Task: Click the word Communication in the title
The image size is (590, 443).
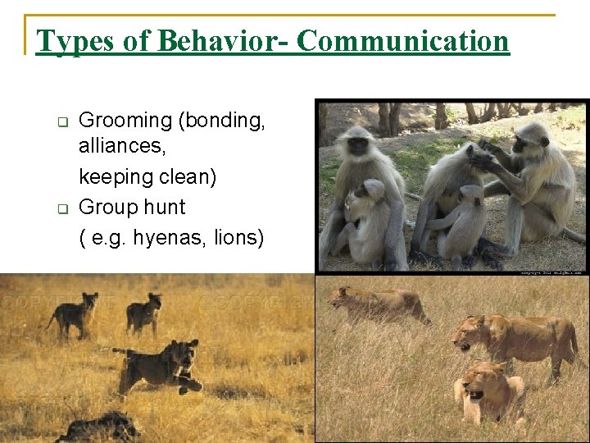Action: (402, 41)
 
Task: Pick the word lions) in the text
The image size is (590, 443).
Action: (238, 238)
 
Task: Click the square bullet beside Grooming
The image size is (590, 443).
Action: (61, 122)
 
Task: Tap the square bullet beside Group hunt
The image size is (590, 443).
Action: (61, 208)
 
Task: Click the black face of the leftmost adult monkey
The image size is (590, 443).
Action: (358, 146)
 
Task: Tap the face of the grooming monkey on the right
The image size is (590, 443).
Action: (520, 145)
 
